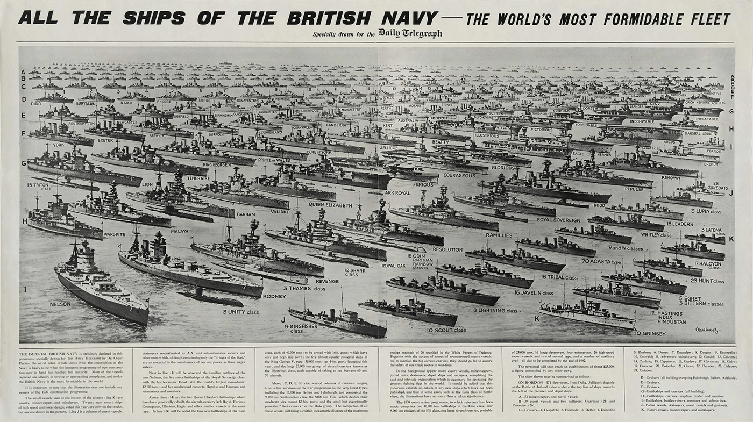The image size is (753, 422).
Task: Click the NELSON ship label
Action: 60,304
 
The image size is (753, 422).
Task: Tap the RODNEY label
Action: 274,296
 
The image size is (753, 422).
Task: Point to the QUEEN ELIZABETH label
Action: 331,205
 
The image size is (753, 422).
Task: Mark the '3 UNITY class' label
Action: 241,312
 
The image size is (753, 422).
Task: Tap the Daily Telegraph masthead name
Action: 410,33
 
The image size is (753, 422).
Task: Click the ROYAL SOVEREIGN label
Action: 559,219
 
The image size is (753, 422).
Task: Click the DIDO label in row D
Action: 36,103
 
